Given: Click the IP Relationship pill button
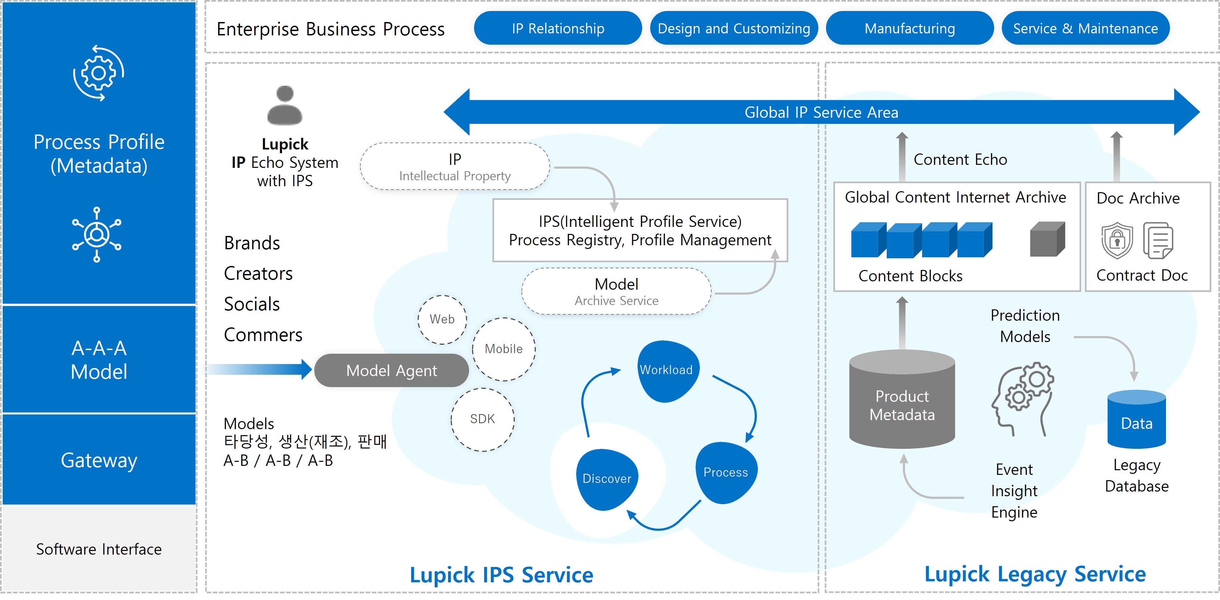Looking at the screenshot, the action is point(558,28).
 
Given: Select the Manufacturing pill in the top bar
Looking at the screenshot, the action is point(909,28).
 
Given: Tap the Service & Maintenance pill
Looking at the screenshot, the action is point(1086,28).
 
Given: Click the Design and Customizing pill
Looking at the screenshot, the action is point(734,28).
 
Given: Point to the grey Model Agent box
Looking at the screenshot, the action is point(392,370).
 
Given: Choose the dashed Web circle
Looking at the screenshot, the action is point(442,320).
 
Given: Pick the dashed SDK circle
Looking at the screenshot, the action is point(483,419).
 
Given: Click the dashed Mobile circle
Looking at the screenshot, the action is point(504,349).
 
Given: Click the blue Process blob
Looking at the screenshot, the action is point(726,473).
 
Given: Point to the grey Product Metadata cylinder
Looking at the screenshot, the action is point(902,399).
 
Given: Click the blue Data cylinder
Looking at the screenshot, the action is point(1137,419).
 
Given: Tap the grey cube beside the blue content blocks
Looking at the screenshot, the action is point(1048,239).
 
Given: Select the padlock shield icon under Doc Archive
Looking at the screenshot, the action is point(1117,241).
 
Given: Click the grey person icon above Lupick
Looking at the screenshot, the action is point(285,105).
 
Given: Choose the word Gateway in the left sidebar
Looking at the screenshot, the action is point(99,460).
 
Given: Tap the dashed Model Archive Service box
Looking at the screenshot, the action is point(616,291).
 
